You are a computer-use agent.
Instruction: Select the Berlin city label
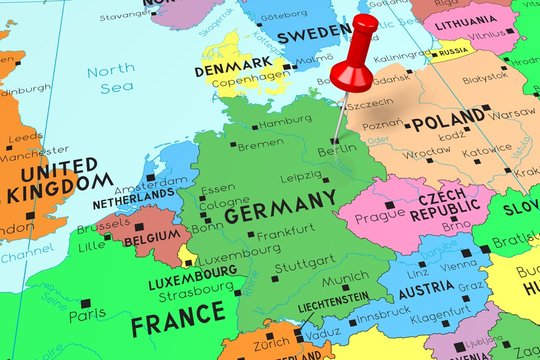336,150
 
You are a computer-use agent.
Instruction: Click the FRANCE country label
178,321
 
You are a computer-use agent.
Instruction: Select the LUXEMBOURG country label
192,284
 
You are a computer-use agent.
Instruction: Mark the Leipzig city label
301,177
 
